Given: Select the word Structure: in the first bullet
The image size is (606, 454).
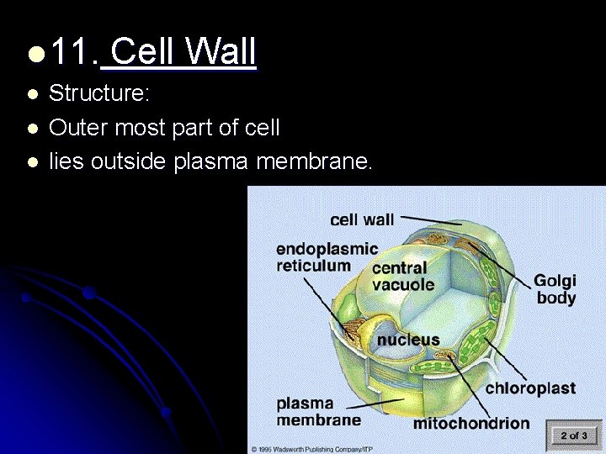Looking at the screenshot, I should [x=99, y=94].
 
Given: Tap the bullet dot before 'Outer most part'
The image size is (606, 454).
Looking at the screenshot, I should [x=32, y=129].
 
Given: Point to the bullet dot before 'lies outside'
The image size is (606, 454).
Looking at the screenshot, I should [x=32, y=161].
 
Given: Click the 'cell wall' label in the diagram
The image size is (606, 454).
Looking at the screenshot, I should [x=362, y=219].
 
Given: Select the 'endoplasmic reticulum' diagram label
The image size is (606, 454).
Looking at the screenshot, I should [x=326, y=257].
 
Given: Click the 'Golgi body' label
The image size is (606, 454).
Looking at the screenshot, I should [x=555, y=288].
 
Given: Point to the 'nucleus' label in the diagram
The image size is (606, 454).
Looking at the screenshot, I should [x=407, y=340].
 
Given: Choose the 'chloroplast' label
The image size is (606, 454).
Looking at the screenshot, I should [x=530, y=388].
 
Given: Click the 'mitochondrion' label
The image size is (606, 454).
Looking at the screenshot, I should [x=470, y=423].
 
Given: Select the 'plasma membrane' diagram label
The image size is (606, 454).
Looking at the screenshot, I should [x=318, y=411].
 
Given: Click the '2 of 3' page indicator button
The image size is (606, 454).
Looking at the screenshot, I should [x=573, y=435].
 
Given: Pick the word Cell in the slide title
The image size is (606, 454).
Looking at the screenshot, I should [x=142, y=53].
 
